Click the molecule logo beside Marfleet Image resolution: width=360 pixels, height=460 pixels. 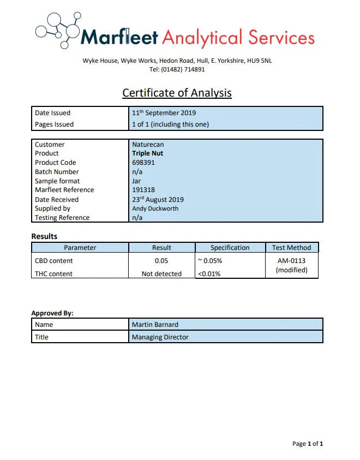pos(58,31)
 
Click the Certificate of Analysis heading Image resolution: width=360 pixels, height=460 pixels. pos(177,93)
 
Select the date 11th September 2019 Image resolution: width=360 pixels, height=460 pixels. pos(164,113)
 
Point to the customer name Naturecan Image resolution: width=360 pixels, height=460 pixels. pos(148,145)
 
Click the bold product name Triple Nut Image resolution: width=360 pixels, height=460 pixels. pos(147,153)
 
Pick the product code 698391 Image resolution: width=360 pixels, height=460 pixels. pos(143,163)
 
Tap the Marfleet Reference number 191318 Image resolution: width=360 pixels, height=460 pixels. pos(143,190)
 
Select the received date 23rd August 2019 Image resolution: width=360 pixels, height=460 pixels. pos(158,200)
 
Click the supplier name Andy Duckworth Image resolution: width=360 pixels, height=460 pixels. pos(155,208)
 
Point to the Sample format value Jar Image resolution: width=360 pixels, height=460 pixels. pos(136,181)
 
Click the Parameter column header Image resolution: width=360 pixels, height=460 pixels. pos(80,248)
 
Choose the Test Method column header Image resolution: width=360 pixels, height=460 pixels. pos(291,248)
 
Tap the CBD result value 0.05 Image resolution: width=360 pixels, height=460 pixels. pos(161,261)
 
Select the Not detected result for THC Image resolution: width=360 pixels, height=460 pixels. pos(161,274)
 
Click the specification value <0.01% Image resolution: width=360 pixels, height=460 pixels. pos(209,274)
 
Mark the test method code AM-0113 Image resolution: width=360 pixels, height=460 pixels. pos(291,261)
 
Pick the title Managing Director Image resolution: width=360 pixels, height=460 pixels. pos(160,337)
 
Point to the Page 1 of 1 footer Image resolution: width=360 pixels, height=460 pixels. pos(308,444)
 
